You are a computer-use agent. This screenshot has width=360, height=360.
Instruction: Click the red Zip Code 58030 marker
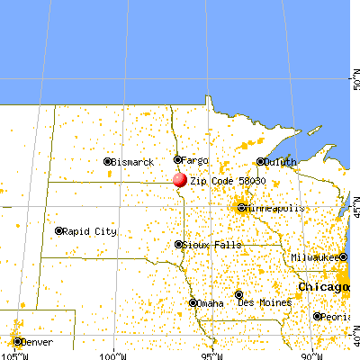pyautogui.click(x=180, y=180)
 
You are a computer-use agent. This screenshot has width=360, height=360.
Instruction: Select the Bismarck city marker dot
pyautogui.click(x=108, y=162)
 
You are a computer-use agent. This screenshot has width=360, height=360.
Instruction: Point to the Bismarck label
pyautogui.click(x=133, y=162)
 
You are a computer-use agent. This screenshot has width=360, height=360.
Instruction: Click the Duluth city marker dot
pyautogui.click(x=261, y=162)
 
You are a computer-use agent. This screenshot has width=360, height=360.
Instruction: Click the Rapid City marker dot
pyautogui.click(x=59, y=231)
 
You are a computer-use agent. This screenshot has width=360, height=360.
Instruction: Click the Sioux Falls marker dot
pyautogui.click(x=178, y=244)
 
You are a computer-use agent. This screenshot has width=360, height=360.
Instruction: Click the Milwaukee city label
pyautogui.click(x=313, y=258)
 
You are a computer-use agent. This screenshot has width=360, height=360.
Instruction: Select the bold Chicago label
pyautogui.click(x=324, y=286)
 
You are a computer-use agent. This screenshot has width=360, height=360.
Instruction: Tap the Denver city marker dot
pyautogui.click(x=17, y=342)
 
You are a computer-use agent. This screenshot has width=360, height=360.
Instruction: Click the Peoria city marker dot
pyautogui.click(x=318, y=317)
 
